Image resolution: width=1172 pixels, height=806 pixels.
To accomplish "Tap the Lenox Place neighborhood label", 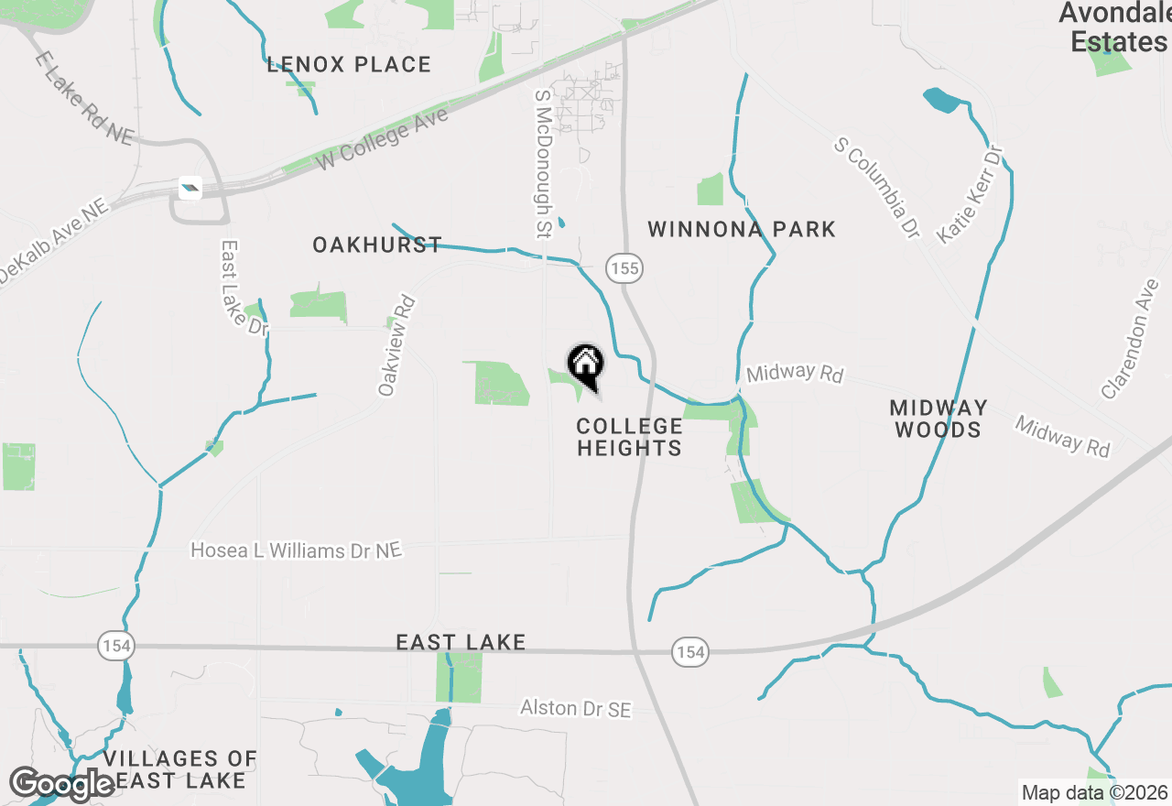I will click(349, 65).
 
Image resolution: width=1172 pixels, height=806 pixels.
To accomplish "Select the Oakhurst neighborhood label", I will click(377, 245).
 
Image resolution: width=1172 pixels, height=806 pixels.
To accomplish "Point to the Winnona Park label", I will click(742, 229).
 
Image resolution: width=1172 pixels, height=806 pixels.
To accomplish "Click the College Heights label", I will click(629, 437).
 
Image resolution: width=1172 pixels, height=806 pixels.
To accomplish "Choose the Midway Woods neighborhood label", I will click(938, 419).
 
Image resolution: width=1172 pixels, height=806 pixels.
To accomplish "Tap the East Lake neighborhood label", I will click(461, 643).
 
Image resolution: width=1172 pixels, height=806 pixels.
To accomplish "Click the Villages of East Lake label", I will click(179, 769).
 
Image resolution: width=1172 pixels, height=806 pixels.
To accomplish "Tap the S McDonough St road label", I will click(542, 162).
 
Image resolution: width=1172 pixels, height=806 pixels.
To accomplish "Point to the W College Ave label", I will click(383, 140).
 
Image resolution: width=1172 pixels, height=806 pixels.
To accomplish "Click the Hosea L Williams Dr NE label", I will click(296, 550).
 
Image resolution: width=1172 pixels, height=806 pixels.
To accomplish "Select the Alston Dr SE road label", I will click(575, 708).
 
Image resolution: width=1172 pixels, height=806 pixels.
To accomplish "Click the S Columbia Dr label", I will click(877, 189).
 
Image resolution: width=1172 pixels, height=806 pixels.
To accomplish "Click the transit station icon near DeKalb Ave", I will click(190, 189).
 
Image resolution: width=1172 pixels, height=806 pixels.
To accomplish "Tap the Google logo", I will click(62, 784).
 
